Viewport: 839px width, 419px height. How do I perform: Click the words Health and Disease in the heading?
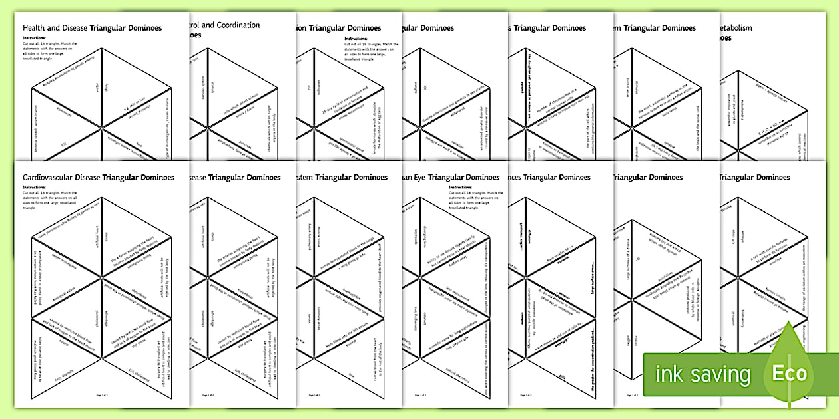pos(56,28)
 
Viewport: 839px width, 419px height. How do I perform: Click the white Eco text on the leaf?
pos(789,373)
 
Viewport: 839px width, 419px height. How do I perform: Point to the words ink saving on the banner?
pos(703,374)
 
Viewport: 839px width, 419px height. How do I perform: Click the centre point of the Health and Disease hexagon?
pos(102,126)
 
